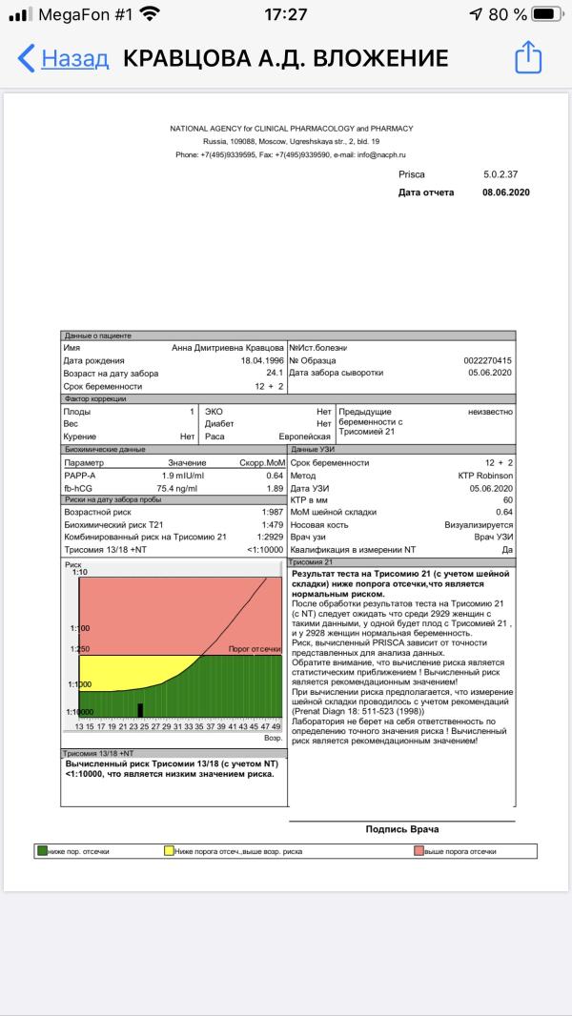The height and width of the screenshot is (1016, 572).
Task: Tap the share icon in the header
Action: point(528,58)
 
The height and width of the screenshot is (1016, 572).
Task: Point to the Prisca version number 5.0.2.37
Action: point(500,175)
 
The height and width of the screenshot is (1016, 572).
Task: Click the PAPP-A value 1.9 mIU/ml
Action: point(183,475)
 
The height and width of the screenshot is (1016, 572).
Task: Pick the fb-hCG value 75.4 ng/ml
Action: point(182,487)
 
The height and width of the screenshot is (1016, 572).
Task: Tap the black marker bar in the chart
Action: point(140,710)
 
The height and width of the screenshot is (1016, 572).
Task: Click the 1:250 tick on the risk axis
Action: point(80,650)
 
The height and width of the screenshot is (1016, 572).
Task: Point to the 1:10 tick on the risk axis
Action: point(80,572)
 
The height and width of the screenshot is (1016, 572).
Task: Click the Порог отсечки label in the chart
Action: point(255,649)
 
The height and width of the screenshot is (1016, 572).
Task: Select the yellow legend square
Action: point(168,851)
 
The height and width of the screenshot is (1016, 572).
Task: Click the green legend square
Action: point(42,851)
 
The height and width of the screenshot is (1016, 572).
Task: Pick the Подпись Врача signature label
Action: point(402,829)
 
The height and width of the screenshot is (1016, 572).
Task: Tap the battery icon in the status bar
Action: point(547,14)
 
